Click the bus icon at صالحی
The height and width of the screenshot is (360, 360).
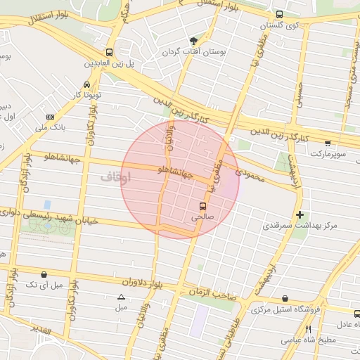pos(203,206)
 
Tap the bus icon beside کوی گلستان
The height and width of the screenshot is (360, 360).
pos(279,14)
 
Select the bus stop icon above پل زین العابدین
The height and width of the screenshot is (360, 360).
pos(109,52)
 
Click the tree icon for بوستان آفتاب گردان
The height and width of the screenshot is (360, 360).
pos(193,40)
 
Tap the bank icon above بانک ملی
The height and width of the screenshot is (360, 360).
pos(50,116)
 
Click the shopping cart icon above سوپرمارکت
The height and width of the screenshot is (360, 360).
pos(328,143)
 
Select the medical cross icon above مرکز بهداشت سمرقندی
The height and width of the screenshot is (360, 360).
pos(300,214)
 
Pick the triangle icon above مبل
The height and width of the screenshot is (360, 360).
pos(121,297)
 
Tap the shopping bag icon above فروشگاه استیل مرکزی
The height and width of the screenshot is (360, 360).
pos(284,298)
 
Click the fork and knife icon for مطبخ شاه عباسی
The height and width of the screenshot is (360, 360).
pos(308,329)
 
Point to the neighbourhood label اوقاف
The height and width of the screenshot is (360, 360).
pos(116,176)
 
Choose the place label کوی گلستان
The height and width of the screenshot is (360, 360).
pos(280,25)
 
